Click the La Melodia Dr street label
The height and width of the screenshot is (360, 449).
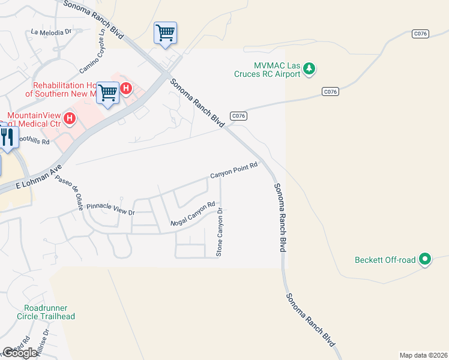coord(51,32)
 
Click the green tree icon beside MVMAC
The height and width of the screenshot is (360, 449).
coord(309,69)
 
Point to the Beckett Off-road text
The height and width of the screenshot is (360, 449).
coord(385,260)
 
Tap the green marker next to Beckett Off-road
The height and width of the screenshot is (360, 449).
coord(425,259)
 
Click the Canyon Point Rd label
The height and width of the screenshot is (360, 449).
coord(234,170)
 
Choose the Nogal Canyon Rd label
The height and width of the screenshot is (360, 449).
coord(193,214)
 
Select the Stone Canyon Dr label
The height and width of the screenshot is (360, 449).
coord(220,232)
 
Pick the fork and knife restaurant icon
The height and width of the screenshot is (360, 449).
coord(7,137)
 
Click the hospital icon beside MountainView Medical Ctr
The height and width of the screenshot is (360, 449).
coord(70,118)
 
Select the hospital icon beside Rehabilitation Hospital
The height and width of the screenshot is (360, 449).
coord(126,89)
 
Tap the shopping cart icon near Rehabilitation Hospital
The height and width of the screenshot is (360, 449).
coord(108,93)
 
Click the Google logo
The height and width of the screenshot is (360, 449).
coord(20,353)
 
